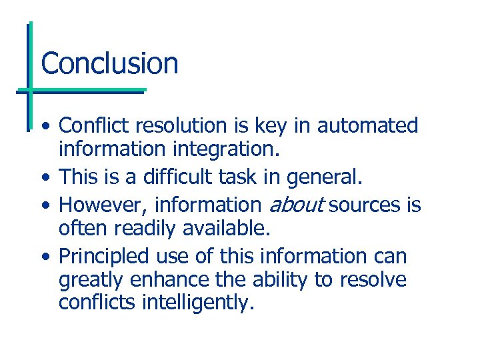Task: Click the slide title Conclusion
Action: point(109,63)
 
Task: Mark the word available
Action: point(227,229)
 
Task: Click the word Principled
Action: point(104,256)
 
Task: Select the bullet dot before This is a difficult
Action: point(44,178)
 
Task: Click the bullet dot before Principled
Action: point(44,257)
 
